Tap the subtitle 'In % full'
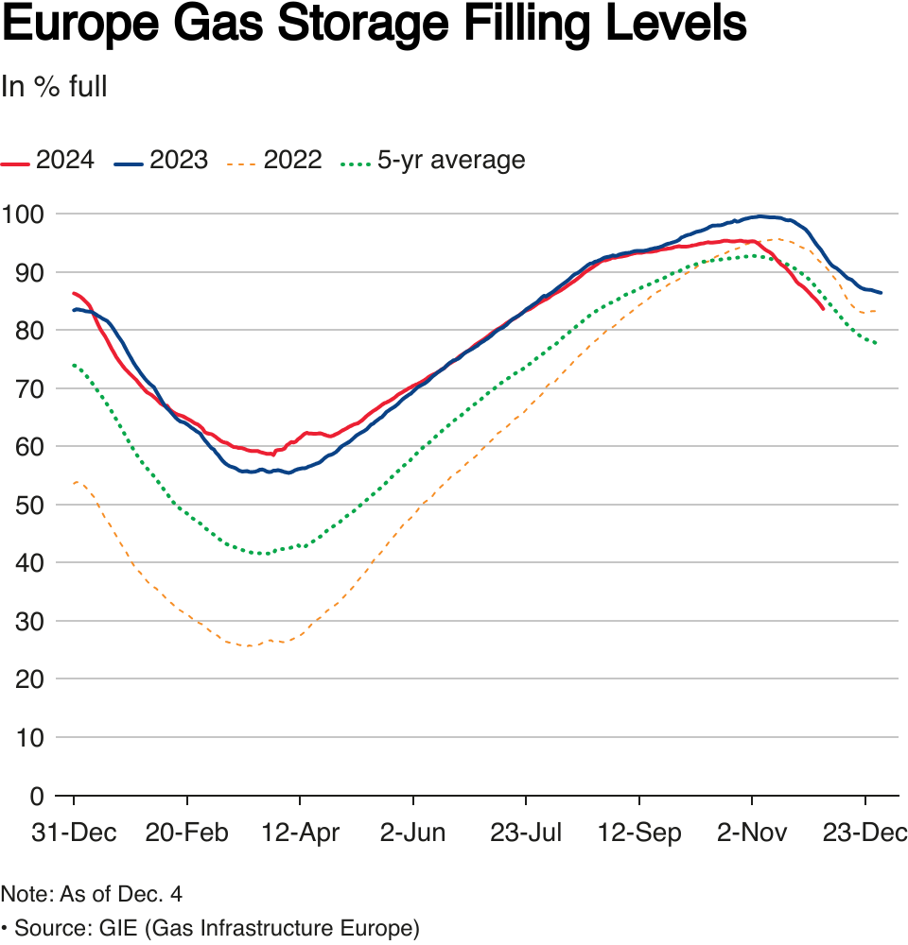click(54, 87)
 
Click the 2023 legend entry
click(162, 160)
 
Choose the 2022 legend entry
click(275, 160)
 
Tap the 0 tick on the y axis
click(37, 796)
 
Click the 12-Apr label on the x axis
click(299, 833)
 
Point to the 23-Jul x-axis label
click(526, 833)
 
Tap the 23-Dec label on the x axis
click(865, 833)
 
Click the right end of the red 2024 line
click(823, 308)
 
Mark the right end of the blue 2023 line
click(881, 293)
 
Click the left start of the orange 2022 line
click(74, 483)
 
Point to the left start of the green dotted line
click(74, 365)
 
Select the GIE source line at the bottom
click(210, 928)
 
